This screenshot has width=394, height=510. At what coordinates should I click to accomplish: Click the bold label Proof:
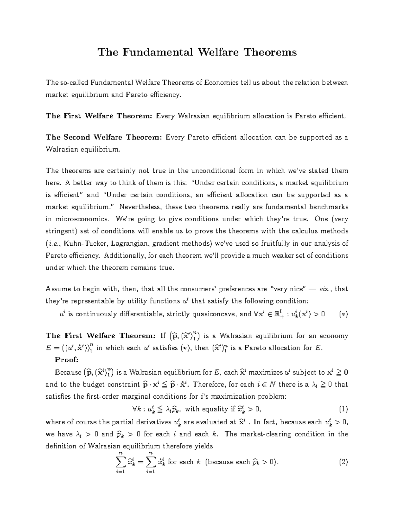[x=67, y=360]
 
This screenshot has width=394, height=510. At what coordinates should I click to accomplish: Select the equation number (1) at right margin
[x=343, y=409]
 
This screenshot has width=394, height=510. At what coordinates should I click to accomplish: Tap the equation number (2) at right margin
[x=343, y=462]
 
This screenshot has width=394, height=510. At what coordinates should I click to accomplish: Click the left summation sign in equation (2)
[x=121, y=462]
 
